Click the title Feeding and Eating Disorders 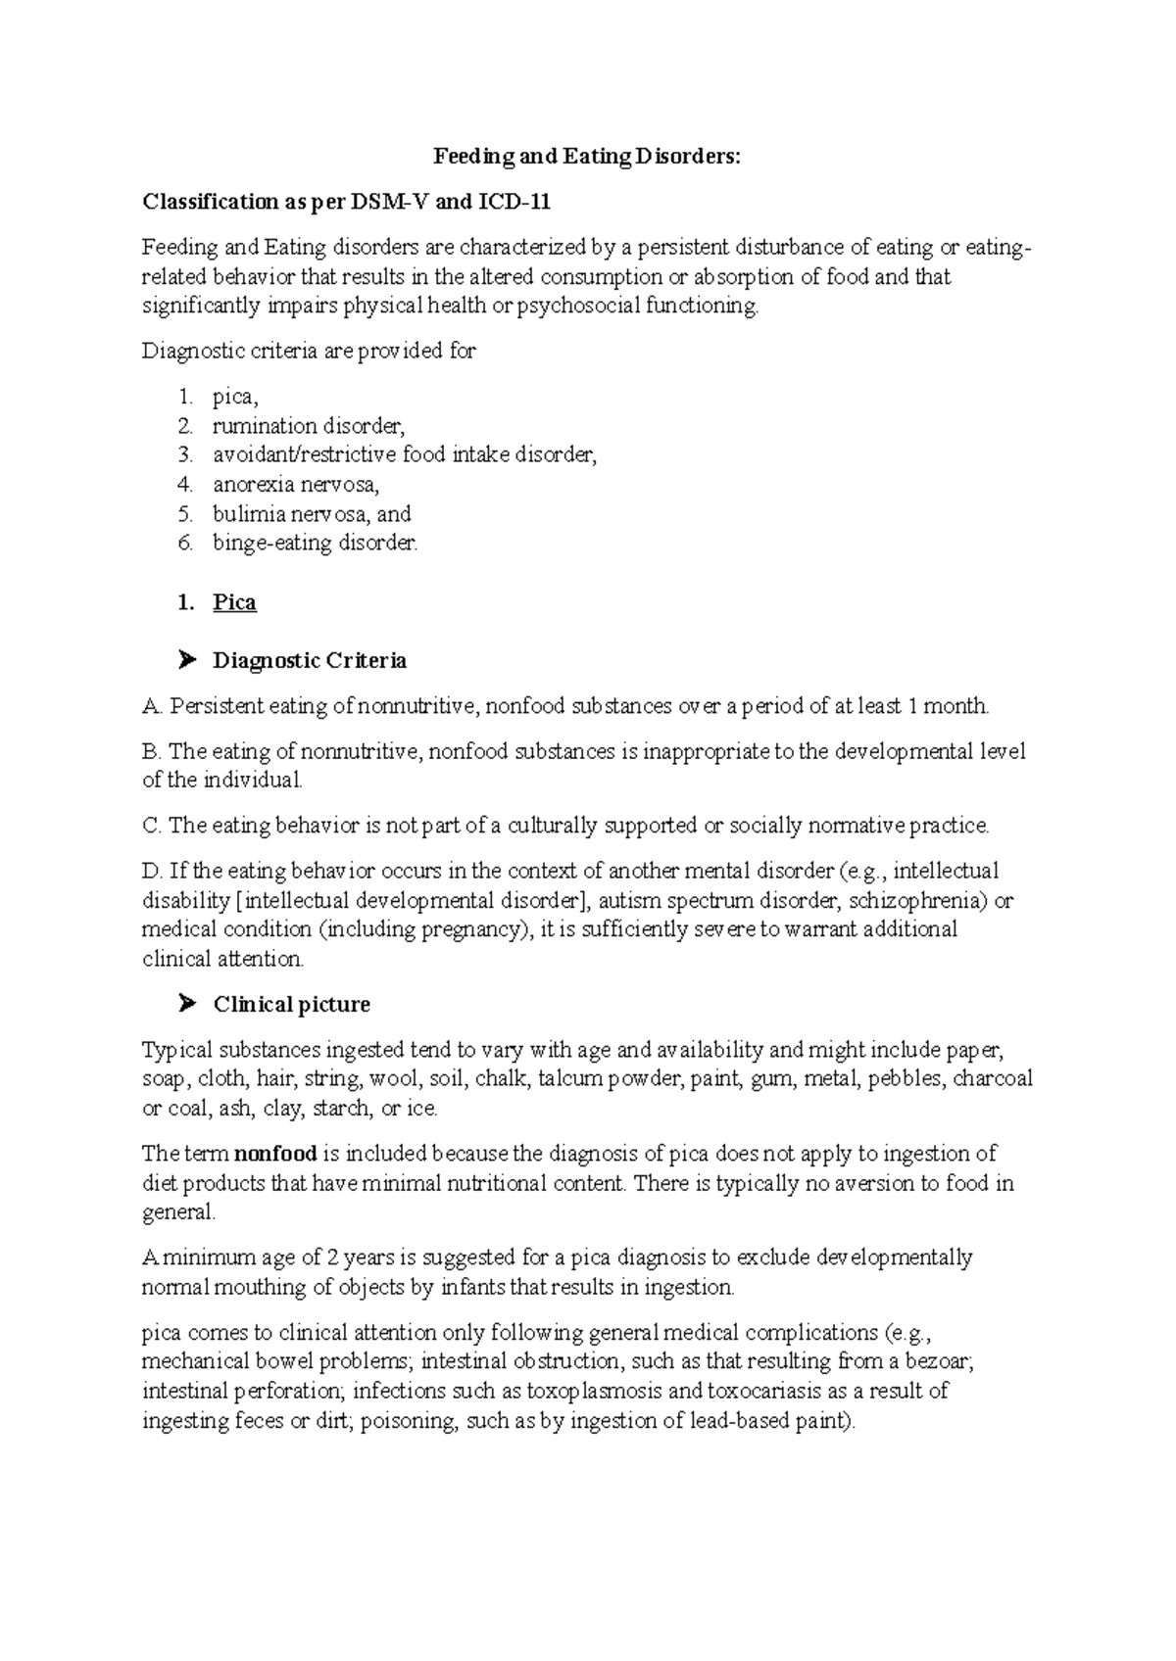(588, 157)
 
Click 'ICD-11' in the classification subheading (514, 203)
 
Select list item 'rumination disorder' (308, 426)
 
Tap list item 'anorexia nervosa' (295, 485)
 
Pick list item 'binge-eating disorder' (315, 544)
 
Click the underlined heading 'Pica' (234, 602)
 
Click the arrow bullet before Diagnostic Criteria (188, 661)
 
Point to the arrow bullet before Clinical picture (188, 1005)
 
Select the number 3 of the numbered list (185, 455)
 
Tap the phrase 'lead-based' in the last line (738, 1421)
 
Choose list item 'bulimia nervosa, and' (312, 514)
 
